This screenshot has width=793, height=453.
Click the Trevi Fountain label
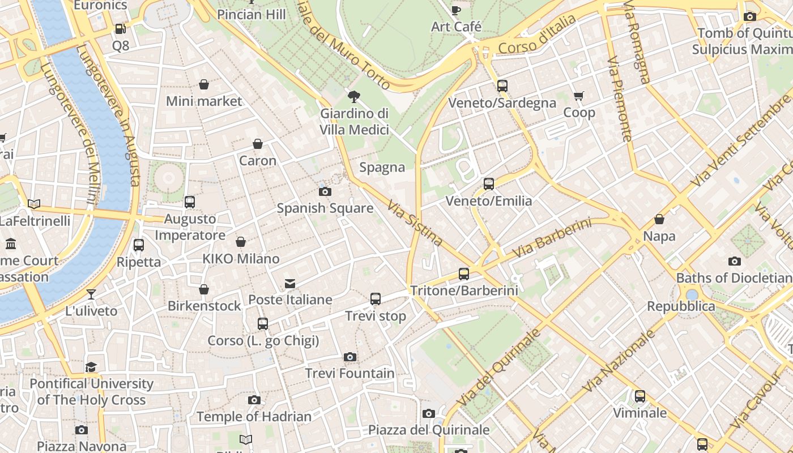(x=349, y=373)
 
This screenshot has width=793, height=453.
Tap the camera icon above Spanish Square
(x=325, y=191)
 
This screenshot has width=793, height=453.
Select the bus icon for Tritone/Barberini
(x=464, y=274)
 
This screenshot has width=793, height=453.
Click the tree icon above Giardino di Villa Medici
(x=354, y=96)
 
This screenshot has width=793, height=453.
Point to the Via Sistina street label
(x=416, y=223)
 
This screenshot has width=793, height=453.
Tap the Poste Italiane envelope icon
(x=290, y=283)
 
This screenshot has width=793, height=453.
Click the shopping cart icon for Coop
(x=578, y=96)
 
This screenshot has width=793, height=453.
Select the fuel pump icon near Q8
(x=120, y=28)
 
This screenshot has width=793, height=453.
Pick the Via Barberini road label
(x=552, y=238)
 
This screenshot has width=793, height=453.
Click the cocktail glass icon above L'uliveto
(x=91, y=294)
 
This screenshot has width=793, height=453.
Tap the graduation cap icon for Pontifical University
(x=91, y=367)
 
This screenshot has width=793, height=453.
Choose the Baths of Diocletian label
(x=734, y=278)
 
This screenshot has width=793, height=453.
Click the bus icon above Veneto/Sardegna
(x=502, y=86)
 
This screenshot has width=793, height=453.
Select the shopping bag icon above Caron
(x=258, y=144)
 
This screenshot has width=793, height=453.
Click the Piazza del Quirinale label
(x=429, y=430)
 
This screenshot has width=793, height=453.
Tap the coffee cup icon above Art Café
(x=456, y=10)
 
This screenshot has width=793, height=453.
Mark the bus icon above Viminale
(x=640, y=396)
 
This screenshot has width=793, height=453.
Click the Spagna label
(x=382, y=168)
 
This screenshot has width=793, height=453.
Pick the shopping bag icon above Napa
(x=659, y=219)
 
